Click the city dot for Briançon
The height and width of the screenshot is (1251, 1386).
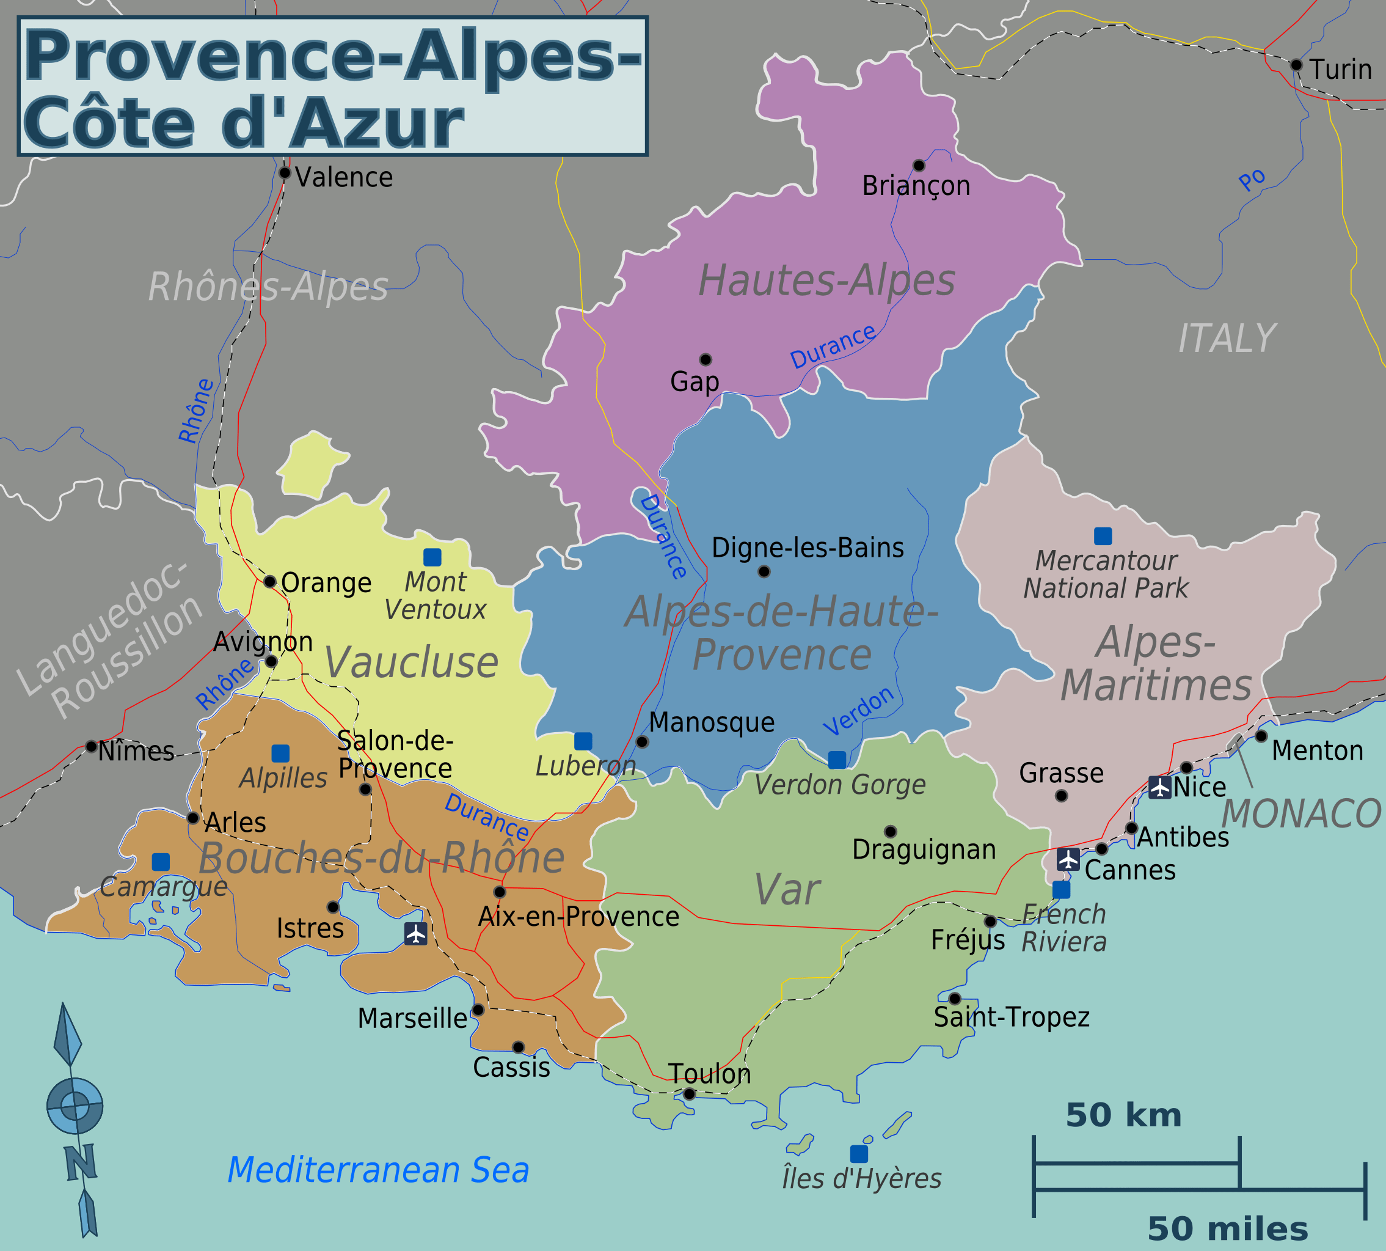pyautogui.click(x=919, y=165)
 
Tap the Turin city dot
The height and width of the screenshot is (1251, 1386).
pyautogui.click(x=1296, y=65)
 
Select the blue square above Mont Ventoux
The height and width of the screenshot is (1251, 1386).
pyautogui.click(x=432, y=557)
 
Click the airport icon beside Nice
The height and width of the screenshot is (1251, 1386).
pyautogui.click(x=1160, y=787)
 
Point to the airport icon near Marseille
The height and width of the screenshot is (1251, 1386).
pyautogui.click(x=416, y=933)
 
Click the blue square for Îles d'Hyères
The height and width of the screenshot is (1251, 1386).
pyautogui.click(x=859, y=1154)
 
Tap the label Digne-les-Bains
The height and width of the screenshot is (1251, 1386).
pyautogui.click(x=808, y=548)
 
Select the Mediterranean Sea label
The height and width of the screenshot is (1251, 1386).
pyautogui.click(x=378, y=1170)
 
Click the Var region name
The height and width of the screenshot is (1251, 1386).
pyautogui.click(x=787, y=889)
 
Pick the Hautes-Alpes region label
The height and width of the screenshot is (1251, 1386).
pyautogui.click(x=826, y=281)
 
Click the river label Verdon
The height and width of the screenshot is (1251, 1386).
pyautogui.click(x=858, y=711)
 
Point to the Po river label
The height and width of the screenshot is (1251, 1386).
pyautogui.click(x=1252, y=180)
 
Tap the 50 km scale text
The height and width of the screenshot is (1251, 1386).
pyautogui.click(x=1123, y=1115)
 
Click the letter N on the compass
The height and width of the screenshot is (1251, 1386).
pyautogui.click(x=81, y=1163)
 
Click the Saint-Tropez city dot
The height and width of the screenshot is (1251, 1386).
pyautogui.click(x=955, y=999)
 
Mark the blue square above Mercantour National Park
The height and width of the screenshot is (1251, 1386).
pyautogui.click(x=1103, y=535)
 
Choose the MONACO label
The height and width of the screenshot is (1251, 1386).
pyautogui.click(x=1302, y=814)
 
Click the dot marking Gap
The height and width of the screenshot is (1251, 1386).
pyautogui.click(x=706, y=359)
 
